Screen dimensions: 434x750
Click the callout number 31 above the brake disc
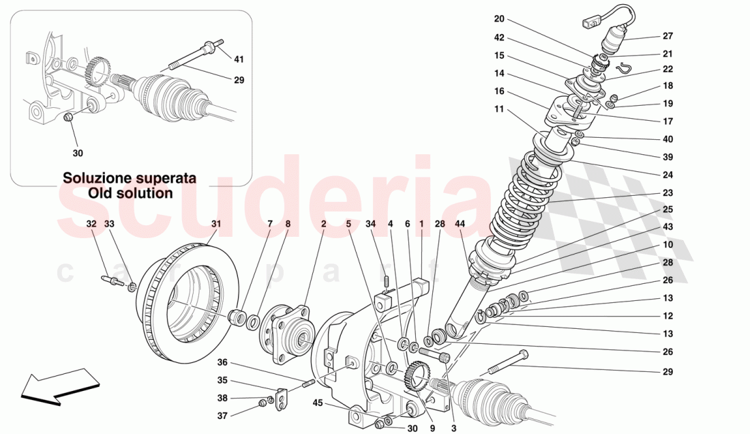pyautogui.click(x=216, y=223)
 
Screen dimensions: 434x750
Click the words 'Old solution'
pyautogui.click(x=130, y=193)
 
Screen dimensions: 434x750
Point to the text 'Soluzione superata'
pyautogui.click(x=130, y=178)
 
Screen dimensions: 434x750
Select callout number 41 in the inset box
pyautogui.click(x=239, y=59)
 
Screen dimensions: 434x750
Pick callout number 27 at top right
pyautogui.click(x=667, y=37)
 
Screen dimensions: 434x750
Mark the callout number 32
pyautogui.click(x=91, y=223)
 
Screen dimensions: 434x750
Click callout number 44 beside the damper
pyautogui.click(x=461, y=223)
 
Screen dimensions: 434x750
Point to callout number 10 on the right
pyautogui.click(x=667, y=244)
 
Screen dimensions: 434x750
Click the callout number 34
pyautogui.click(x=370, y=223)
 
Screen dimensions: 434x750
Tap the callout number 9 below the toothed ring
pyautogui.click(x=432, y=429)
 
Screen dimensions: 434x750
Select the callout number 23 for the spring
pyautogui.click(x=667, y=192)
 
